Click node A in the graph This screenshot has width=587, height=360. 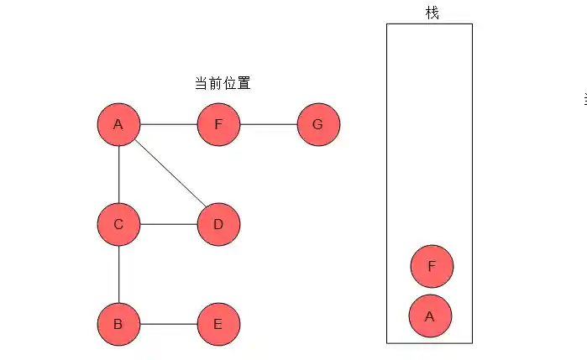(x=118, y=125)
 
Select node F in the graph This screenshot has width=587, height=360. (x=218, y=125)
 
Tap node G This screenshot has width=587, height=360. (x=318, y=125)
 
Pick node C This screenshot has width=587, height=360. (x=118, y=224)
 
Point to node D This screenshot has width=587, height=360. (x=218, y=224)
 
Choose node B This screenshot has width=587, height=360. (x=118, y=324)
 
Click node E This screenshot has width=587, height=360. (x=218, y=324)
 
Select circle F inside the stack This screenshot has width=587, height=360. (x=432, y=267)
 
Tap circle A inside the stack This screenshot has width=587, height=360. (x=430, y=316)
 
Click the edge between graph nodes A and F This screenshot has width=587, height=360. (x=168, y=125)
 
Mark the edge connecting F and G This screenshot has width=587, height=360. (x=268, y=125)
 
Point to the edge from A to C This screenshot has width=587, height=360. (x=118, y=175)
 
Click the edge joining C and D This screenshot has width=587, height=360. (x=168, y=224)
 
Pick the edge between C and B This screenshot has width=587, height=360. (x=118, y=274)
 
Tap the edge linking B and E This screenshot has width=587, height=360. (x=168, y=324)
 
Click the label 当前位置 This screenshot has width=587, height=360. (x=223, y=83)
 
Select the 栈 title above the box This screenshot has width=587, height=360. (x=432, y=13)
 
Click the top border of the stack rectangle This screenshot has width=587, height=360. (x=429, y=23)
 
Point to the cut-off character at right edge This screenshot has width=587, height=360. (x=584, y=99)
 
